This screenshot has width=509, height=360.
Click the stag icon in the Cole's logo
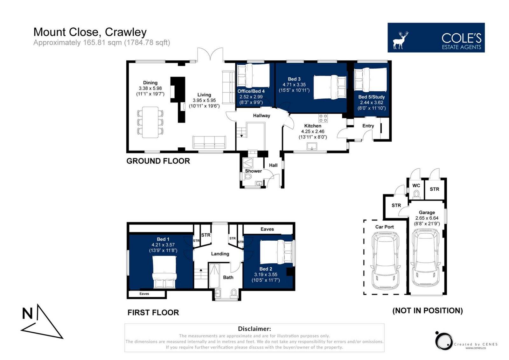coord(401,40)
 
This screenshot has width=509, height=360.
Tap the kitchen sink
coord(312,146)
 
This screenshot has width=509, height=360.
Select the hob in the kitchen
coord(323,118)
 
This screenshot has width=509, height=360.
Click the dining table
coord(150,122)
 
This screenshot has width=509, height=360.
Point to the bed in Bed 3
coord(330,87)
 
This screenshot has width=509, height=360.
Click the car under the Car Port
coord(385,261)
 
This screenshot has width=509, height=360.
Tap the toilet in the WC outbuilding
coord(416,194)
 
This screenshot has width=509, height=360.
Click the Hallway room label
coord(261,116)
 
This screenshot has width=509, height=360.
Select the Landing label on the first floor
coord(220,254)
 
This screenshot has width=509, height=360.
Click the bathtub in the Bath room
coord(214,276)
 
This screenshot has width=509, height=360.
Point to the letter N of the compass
coord(27,314)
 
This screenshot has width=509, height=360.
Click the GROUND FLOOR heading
coord(158,161)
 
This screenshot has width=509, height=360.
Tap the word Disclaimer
coord(254,328)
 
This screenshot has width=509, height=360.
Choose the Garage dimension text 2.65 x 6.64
coord(427,218)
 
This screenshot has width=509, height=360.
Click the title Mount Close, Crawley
coord(90,32)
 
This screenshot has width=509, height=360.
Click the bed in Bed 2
coord(276,252)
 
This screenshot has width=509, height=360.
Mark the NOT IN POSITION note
coord(428,311)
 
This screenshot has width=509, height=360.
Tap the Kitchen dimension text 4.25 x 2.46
coord(313,131)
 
